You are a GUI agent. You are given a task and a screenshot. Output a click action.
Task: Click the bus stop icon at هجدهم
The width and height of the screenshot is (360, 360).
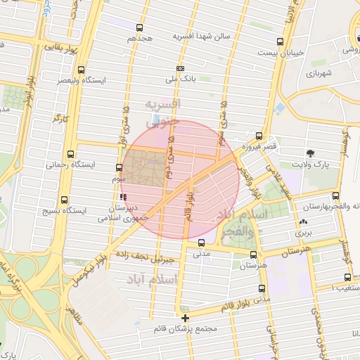[139, 28]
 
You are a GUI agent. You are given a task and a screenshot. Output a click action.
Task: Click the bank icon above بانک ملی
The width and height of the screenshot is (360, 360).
[181, 68]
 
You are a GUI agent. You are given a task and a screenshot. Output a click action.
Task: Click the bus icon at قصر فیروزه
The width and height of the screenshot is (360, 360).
[259, 136]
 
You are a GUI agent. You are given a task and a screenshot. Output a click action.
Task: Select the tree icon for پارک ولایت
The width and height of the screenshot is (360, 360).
[311, 153]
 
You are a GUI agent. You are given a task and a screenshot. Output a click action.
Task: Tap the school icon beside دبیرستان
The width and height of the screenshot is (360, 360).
[124, 198]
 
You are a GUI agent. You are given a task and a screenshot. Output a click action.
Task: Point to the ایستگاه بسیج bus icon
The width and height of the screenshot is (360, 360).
[65, 200]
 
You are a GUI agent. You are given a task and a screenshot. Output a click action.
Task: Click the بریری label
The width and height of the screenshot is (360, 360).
[303, 231]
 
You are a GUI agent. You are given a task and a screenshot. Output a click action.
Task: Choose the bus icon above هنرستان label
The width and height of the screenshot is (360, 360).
[253, 254]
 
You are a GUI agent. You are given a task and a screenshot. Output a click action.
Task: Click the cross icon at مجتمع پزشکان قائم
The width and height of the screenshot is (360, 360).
[185, 318]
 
